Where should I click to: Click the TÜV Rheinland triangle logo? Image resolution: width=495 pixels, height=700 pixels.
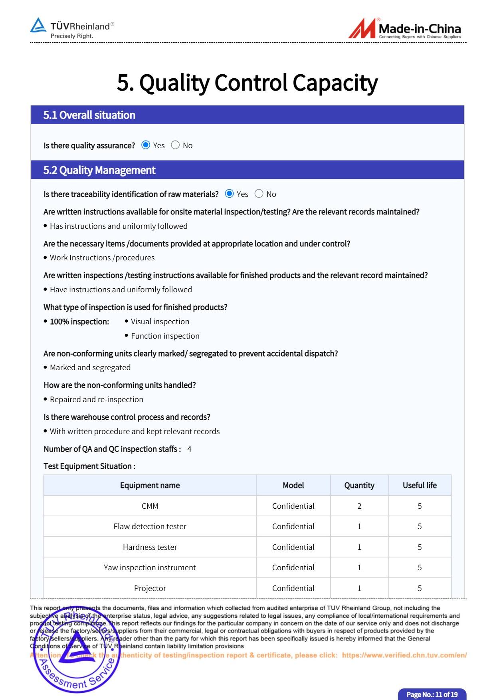(38, 25)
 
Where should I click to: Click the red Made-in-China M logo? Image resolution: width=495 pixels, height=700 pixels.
(362, 29)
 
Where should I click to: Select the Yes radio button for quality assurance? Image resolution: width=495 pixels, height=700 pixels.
(146, 145)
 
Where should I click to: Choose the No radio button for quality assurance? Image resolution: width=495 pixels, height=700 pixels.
(175, 145)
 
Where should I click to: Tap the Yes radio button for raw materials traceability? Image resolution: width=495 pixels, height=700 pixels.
(229, 194)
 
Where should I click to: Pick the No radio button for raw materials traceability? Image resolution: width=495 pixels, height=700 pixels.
(259, 194)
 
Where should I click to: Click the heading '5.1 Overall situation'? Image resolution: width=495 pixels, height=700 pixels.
(89, 115)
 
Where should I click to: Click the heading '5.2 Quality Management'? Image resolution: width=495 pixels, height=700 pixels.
(99, 170)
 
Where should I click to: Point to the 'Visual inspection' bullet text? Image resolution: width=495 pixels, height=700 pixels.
(160, 321)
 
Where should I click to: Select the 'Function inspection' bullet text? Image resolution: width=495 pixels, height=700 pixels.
(165, 336)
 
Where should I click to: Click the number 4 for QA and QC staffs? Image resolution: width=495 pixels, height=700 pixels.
(189, 449)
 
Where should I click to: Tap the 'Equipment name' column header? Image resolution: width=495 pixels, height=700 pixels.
(150, 485)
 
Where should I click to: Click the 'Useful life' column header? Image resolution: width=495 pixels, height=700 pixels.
(420, 485)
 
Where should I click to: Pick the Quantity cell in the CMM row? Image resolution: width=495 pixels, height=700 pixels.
(359, 506)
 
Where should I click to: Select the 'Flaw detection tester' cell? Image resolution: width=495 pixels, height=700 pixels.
(150, 526)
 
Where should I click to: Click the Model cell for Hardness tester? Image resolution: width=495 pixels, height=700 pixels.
(293, 547)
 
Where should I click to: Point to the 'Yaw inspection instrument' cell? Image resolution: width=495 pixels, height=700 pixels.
(150, 567)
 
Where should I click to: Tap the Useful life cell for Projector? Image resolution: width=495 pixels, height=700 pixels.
(420, 588)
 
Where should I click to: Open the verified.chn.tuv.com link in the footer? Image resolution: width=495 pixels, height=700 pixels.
(404, 655)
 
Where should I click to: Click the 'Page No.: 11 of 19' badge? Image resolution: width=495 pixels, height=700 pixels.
(432, 694)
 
